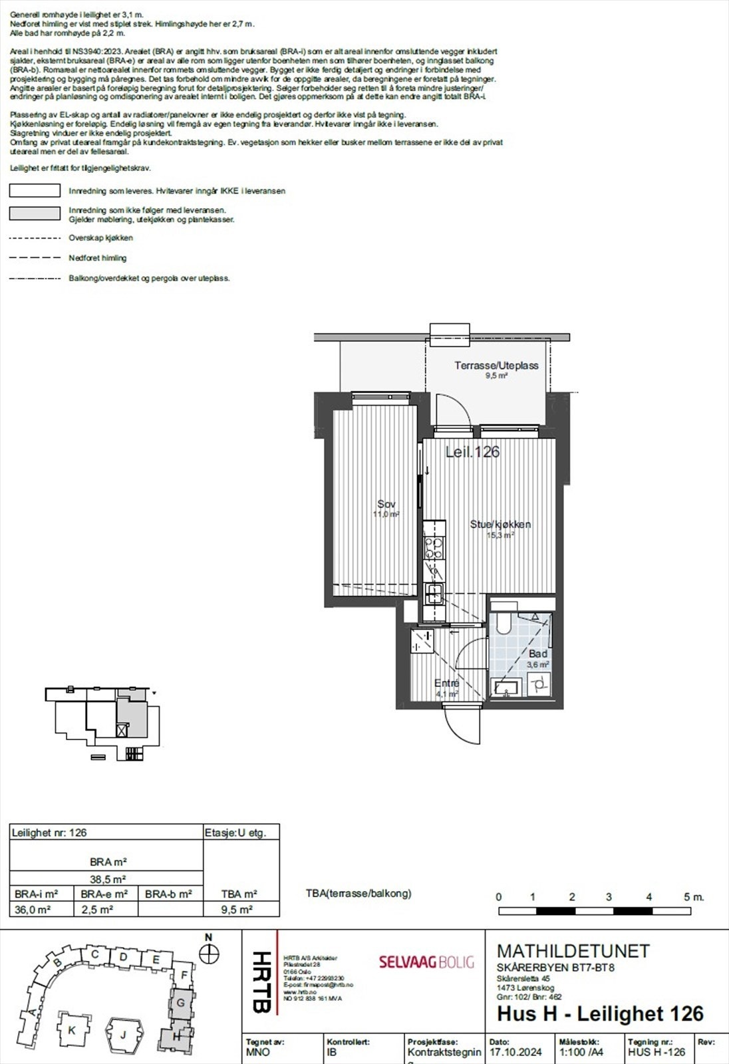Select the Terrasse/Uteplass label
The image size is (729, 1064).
click(496, 366)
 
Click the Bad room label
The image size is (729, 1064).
click(538, 654)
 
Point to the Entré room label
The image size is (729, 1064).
click(447, 684)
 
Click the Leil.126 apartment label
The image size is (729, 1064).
click(472, 452)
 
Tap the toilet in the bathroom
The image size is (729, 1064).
click(503, 622)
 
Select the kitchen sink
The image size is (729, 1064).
click(436, 592)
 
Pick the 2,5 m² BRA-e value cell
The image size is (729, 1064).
click(96, 910)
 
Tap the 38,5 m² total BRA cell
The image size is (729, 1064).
click(108, 878)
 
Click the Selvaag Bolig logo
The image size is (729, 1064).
click(426, 962)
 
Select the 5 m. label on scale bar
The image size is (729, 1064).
click(693, 897)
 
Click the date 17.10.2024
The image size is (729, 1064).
click(515, 1052)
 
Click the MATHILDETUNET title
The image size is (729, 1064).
click(573, 951)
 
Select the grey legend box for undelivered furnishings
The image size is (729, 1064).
click(35, 213)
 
